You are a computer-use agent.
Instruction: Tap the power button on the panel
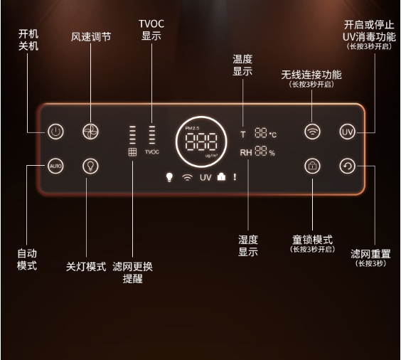[x=55, y=132]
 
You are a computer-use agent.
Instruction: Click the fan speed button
[x=90, y=132]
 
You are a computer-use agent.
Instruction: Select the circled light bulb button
[x=90, y=166]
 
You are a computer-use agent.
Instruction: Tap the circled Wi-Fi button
[x=312, y=132]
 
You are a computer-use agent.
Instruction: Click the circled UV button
[x=347, y=132]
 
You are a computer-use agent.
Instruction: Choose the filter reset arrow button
[x=347, y=166]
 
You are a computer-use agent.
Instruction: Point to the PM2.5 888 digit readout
[x=201, y=142]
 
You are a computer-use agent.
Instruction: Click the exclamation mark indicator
[x=235, y=177]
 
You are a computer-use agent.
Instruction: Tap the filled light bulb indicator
[x=169, y=177]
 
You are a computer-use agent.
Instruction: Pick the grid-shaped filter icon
[x=132, y=152]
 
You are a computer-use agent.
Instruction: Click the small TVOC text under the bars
[x=152, y=152]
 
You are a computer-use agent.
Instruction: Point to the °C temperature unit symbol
[x=273, y=134]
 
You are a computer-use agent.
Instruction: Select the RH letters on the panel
[x=246, y=152]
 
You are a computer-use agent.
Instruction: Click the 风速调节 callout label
[x=91, y=37]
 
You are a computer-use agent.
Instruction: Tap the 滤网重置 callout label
[x=370, y=254]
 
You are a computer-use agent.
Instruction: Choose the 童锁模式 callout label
[x=312, y=240]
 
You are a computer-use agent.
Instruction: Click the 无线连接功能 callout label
[x=311, y=75]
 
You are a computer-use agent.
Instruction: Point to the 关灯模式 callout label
[x=86, y=266]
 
